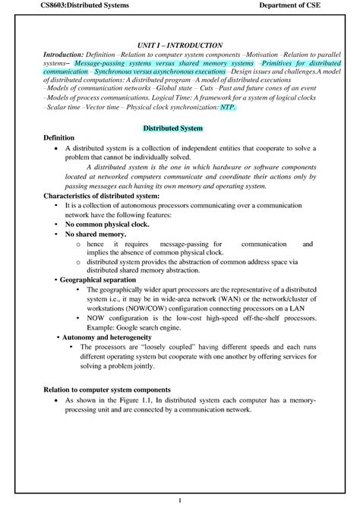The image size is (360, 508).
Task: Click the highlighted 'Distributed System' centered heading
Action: point(179,128)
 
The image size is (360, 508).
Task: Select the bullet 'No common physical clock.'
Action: point(107,225)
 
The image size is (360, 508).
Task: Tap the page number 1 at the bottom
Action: point(179,500)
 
